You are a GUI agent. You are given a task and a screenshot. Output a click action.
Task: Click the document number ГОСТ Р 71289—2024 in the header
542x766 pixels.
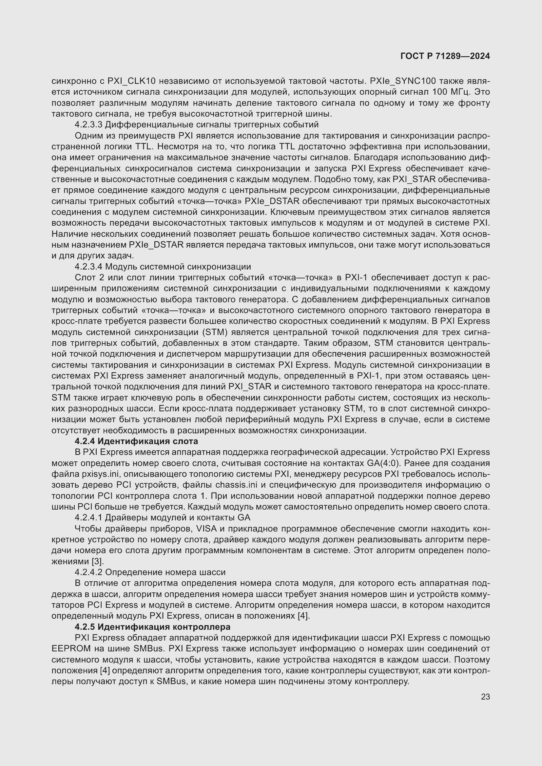point(445,56)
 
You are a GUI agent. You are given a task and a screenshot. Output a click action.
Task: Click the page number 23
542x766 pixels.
point(485,697)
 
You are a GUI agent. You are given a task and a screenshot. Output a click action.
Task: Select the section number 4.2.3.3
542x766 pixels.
point(89,125)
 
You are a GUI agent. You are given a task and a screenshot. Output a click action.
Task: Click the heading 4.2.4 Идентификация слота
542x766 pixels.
point(136,441)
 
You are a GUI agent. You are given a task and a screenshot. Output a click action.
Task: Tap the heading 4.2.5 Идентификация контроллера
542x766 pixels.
point(152,627)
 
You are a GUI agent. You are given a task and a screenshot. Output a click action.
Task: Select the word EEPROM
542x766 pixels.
point(71,649)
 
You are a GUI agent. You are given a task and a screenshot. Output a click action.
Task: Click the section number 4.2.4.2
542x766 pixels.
point(89,572)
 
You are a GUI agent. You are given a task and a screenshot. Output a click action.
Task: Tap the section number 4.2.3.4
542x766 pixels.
point(89,267)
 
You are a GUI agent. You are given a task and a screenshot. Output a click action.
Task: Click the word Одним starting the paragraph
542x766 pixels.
point(89,136)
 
